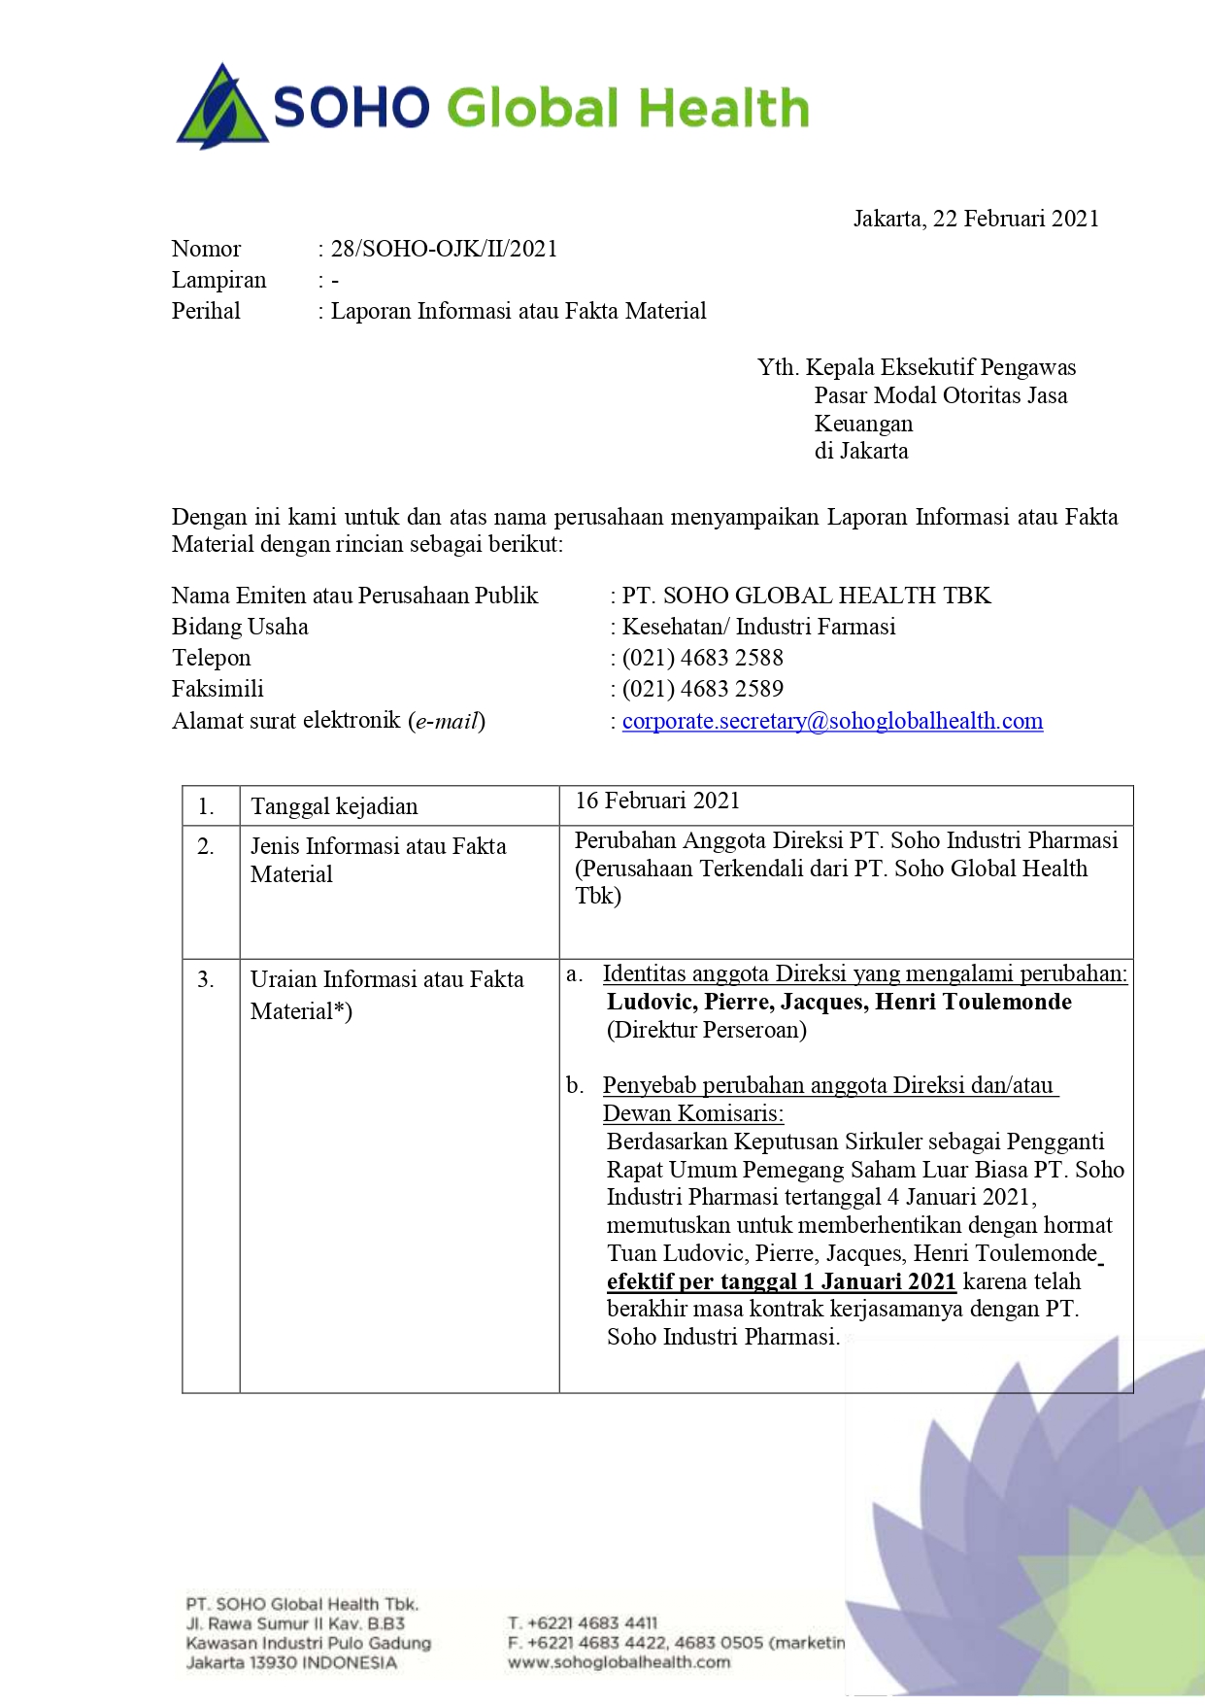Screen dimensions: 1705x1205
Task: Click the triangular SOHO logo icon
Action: point(222,109)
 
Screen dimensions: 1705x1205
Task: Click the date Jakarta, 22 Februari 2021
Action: point(975,219)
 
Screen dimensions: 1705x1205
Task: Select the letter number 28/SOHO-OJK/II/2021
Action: point(444,249)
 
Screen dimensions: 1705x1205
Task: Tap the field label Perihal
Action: point(206,311)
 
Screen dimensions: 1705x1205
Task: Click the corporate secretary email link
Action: point(832,721)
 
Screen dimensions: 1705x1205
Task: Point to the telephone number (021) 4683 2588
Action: point(702,658)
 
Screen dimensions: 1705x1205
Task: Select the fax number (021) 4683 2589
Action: point(702,689)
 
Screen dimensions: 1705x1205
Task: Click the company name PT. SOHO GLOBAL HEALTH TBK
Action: point(806,596)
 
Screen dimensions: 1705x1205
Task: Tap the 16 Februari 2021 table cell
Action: point(657,801)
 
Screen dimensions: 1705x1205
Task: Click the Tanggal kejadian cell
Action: point(334,806)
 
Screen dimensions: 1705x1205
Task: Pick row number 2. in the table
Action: point(206,846)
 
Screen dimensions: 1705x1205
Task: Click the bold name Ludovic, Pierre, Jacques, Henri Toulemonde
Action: point(839,1002)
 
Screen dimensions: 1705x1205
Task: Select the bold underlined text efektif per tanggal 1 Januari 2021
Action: point(782,1281)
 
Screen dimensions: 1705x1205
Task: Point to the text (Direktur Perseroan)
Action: point(707,1030)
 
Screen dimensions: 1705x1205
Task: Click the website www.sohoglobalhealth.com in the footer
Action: point(619,1662)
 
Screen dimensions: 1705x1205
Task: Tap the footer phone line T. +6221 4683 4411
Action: point(583,1623)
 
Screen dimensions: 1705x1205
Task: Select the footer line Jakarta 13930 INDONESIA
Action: point(291,1662)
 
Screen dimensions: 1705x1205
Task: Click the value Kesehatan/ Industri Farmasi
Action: point(758,627)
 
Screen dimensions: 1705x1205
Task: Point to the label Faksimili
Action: point(218,689)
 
